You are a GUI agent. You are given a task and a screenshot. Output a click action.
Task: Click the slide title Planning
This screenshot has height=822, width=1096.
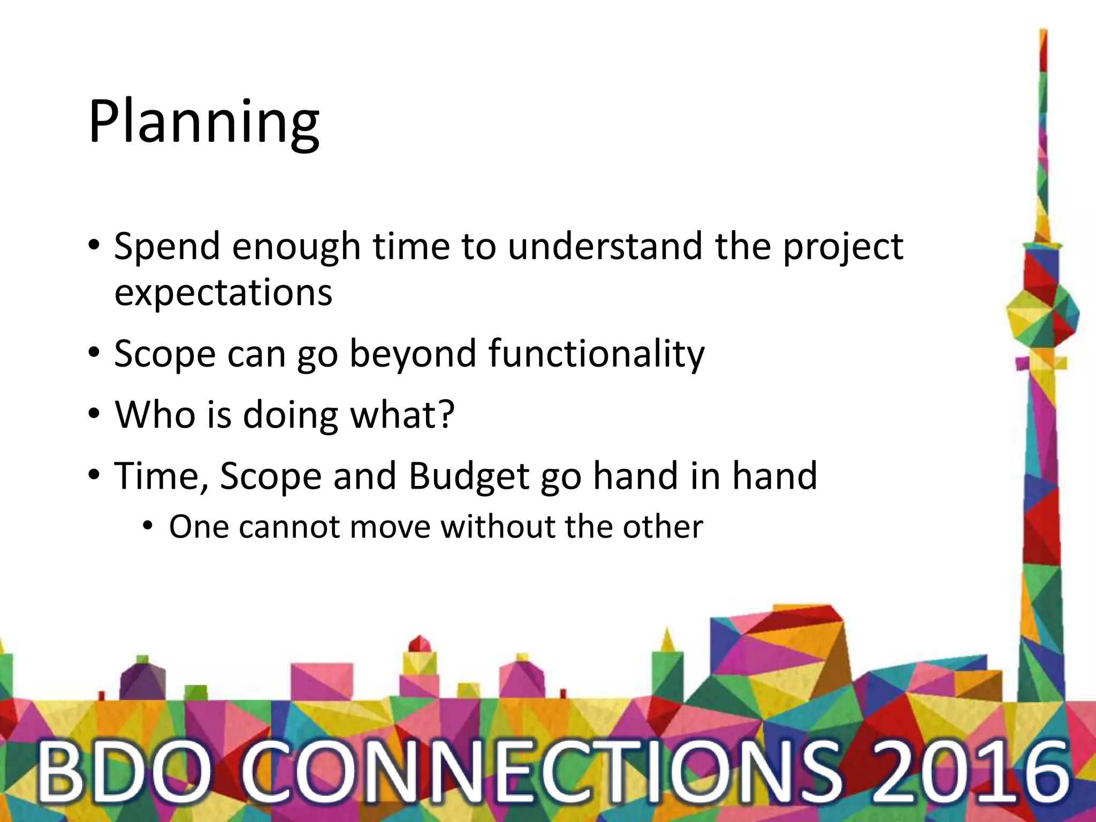coord(203,123)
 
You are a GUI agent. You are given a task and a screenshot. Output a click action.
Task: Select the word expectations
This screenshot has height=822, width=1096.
coord(223,293)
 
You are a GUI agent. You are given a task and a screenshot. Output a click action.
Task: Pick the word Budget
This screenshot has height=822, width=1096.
coord(469,476)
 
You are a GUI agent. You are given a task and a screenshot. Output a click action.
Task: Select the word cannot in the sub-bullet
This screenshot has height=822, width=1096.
coord(289,527)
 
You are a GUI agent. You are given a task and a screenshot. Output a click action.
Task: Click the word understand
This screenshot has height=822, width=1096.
coord(605,247)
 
